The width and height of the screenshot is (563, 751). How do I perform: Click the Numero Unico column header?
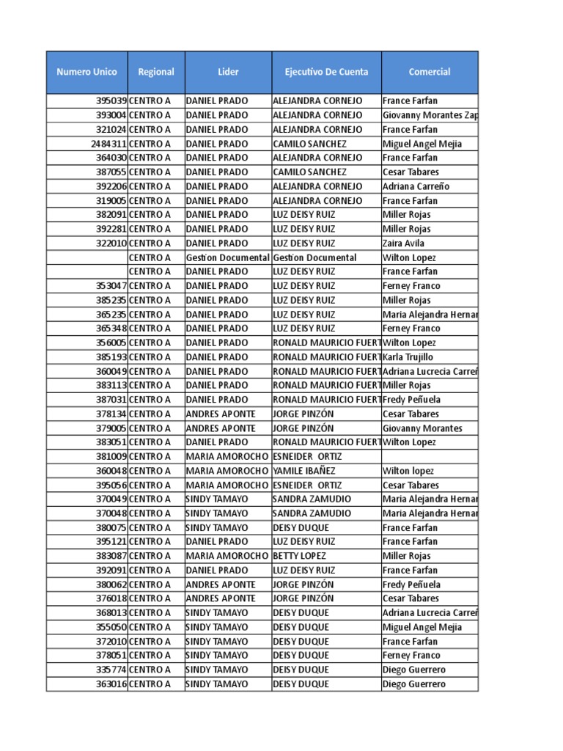click(87, 72)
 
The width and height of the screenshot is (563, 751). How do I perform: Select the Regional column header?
click(156, 72)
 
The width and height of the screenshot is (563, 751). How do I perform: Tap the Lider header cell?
click(228, 72)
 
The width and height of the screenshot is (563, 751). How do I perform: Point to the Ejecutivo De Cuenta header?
click(326, 72)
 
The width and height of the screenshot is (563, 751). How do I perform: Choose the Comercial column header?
click(430, 72)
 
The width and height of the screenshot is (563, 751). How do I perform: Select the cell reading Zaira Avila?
click(403, 243)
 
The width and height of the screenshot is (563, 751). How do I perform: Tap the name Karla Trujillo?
click(408, 357)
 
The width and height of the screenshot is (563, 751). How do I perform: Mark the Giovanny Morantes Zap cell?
click(430, 115)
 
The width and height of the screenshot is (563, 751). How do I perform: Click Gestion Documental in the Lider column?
click(228, 257)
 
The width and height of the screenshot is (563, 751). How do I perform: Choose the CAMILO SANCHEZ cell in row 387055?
click(309, 172)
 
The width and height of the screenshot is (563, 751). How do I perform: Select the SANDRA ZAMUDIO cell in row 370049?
click(312, 499)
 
